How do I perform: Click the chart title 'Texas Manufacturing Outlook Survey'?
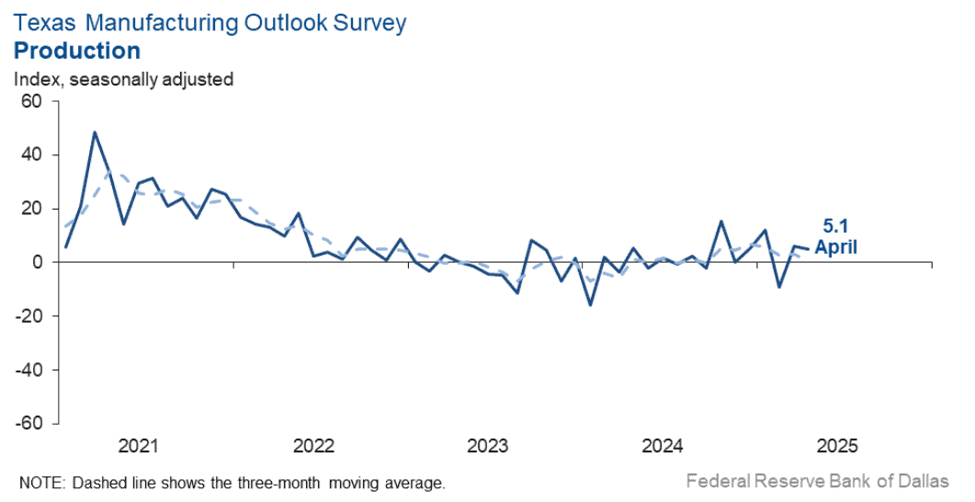pos(210,23)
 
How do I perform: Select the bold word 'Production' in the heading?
pos(77,51)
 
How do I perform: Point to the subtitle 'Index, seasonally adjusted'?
pos(123,80)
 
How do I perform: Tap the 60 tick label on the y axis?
pos(31,101)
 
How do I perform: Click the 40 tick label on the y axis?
pos(31,154)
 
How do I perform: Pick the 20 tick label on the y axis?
pos(31,209)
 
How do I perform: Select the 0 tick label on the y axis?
pos(37,262)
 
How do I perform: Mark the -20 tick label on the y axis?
pos(28,316)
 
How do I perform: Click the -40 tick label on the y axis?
pos(28,370)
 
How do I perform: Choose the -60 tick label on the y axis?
pos(28,423)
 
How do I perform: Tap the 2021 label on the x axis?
pos(138,445)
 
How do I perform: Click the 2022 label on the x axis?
pos(313,445)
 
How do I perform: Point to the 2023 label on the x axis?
pos(488,445)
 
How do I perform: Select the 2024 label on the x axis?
pos(663,445)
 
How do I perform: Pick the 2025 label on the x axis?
pos(837,445)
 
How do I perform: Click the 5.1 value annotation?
pos(835,226)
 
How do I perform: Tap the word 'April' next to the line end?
pos(836,247)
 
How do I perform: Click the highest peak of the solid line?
pos(95,131)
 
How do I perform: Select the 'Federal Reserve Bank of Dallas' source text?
pos(818,481)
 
